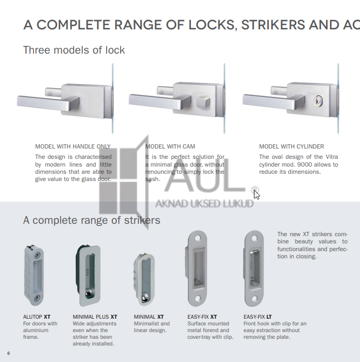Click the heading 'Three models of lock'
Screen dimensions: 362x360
pyautogui.click(x=74, y=50)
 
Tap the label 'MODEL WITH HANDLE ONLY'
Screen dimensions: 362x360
pyautogui.click(x=73, y=146)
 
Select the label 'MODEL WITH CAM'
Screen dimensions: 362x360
pyautogui.click(x=170, y=146)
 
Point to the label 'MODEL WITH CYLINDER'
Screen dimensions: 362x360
pyautogui.click(x=292, y=146)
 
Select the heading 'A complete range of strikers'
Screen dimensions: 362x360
pyautogui.click(x=92, y=220)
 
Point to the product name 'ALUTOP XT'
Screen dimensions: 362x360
pyautogui.click(x=37, y=317)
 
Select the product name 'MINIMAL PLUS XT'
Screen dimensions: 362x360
pyautogui.click(x=95, y=317)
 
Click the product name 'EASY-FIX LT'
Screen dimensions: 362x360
pyautogui.click(x=259, y=317)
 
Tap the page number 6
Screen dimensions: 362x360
pyautogui.click(x=8, y=353)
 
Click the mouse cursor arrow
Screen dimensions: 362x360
pyautogui.click(x=256, y=194)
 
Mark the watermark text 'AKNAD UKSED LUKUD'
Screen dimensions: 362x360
pyautogui.click(x=204, y=204)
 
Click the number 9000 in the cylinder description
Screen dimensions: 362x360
pyautogui.click(x=305, y=164)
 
